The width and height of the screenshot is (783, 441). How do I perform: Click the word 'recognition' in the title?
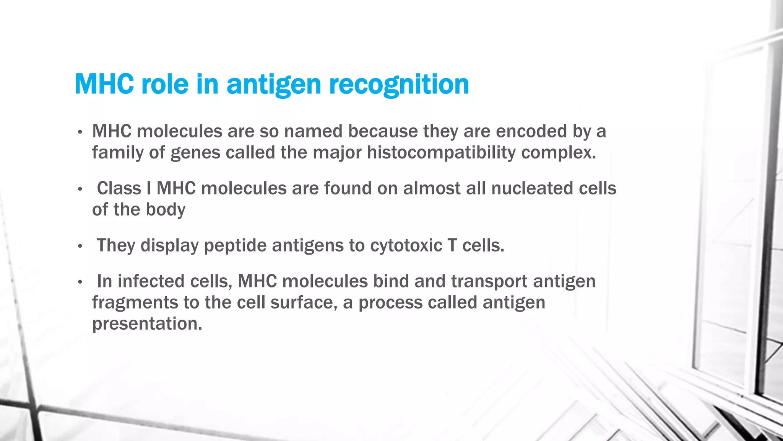[x=399, y=84]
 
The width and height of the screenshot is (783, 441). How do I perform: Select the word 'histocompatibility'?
[x=441, y=153]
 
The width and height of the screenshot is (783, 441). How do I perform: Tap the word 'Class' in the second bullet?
[x=119, y=188]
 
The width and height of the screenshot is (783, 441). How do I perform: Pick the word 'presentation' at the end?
[x=147, y=323]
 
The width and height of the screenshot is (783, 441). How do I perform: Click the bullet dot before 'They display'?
[x=80, y=246]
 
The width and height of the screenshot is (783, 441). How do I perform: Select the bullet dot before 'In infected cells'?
[x=80, y=282]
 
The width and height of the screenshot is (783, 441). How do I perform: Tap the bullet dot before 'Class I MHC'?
[x=80, y=189]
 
